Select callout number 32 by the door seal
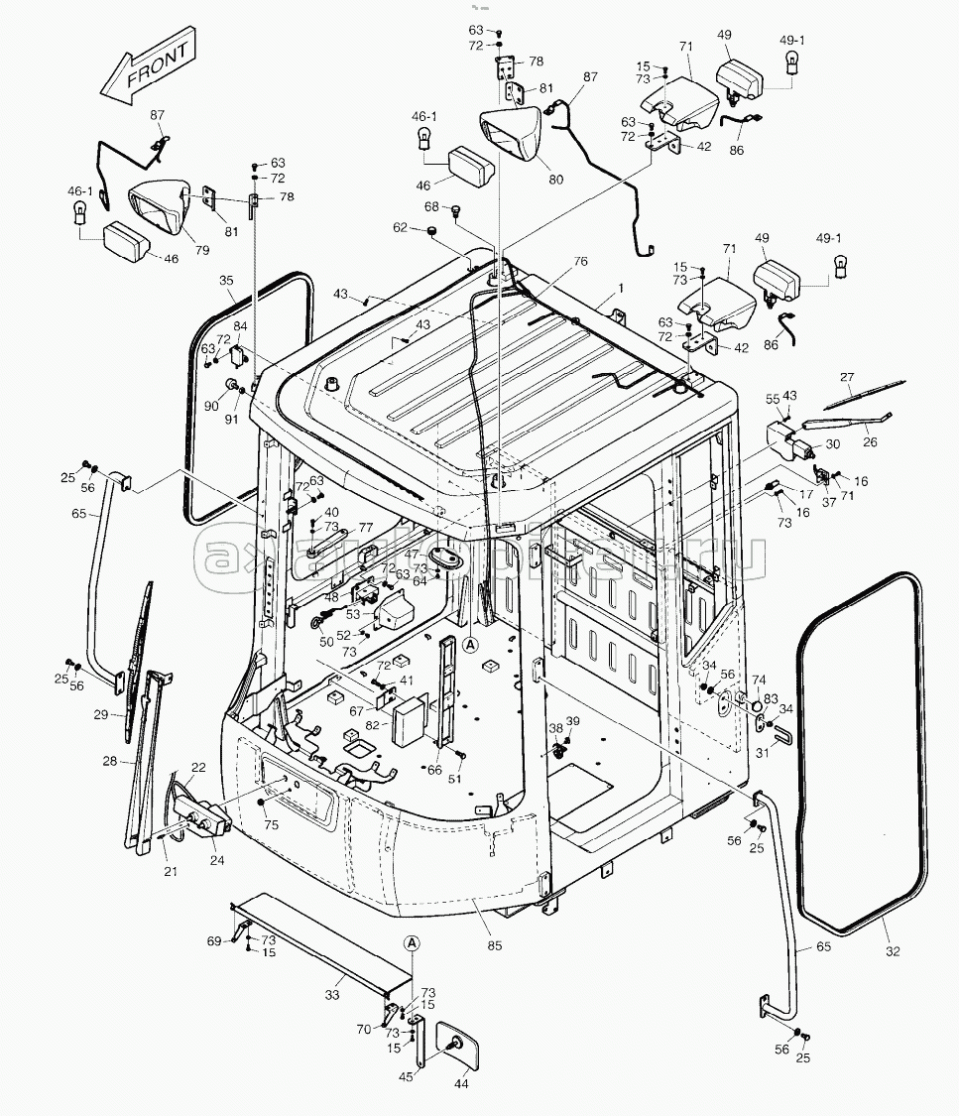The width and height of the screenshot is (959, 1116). coord(893,951)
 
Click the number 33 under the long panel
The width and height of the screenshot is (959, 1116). coord(332,995)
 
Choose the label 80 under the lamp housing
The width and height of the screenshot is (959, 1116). coord(555,180)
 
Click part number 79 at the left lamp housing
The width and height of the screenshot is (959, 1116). coord(202,249)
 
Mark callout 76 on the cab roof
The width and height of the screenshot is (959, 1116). coord(579,262)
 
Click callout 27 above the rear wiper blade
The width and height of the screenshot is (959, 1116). coord(846,377)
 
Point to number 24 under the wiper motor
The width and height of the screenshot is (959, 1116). coord(216,860)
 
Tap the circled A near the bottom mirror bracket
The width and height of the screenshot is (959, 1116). coord(413,941)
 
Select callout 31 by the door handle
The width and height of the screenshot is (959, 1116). coord(763,754)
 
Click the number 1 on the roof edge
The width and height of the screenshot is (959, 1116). coord(621,288)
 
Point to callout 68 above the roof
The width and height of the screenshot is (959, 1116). coord(431,206)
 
